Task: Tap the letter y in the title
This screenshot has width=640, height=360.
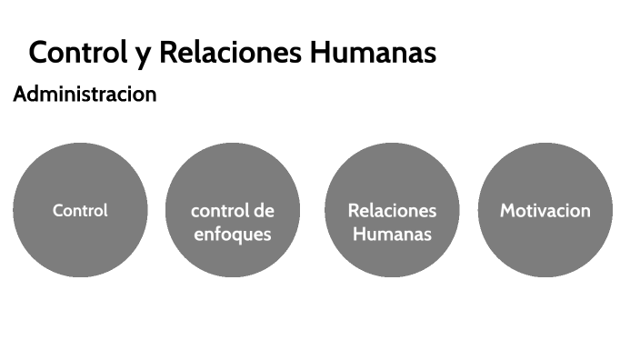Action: coord(142,55)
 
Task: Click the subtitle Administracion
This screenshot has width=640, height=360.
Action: coord(85,94)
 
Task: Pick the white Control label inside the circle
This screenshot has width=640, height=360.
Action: coord(80,210)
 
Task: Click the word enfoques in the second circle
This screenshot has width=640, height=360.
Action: coord(233,234)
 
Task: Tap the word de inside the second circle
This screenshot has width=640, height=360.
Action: coord(263,211)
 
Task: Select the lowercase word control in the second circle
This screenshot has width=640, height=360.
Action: coord(219,211)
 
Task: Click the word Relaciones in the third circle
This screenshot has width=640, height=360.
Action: coord(392,211)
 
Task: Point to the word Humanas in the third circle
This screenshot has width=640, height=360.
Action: coord(392,234)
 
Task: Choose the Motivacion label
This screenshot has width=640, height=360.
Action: coord(545,211)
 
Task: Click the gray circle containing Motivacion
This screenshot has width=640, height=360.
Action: coord(545,250)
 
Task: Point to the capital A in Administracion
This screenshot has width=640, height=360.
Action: coord(20,94)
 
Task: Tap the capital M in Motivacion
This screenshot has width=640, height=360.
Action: coord(508,211)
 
